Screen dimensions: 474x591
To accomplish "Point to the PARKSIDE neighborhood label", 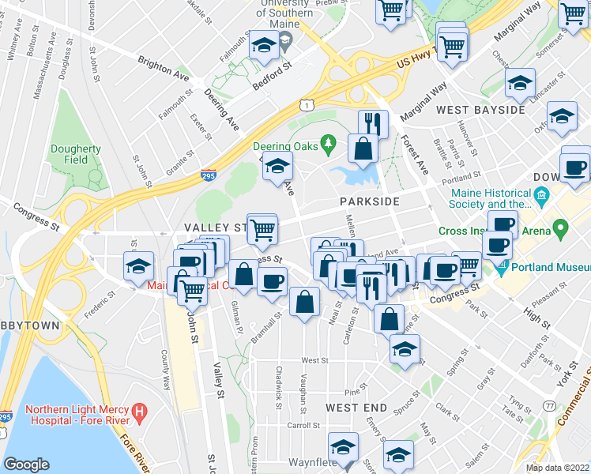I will click(x=370, y=202).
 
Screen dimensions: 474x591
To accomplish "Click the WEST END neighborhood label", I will click(x=356, y=408).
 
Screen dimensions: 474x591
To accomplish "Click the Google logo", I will click(x=26, y=465).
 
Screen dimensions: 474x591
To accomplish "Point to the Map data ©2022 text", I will click(x=557, y=468).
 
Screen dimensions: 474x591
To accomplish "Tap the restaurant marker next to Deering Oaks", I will click(x=373, y=125).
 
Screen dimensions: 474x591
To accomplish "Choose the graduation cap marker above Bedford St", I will click(x=264, y=47).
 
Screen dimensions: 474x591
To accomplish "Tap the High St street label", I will click(x=536, y=315).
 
